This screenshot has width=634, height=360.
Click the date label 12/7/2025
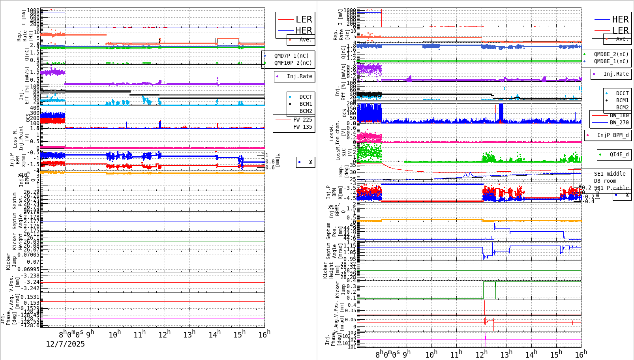pos(65,344)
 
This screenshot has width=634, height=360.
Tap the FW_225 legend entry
pos(302,120)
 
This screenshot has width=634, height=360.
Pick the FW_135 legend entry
pos(302,127)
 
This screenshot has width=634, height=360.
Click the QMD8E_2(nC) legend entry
pos(611,54)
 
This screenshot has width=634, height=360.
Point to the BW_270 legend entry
pos(619,123)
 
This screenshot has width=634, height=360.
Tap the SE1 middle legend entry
pos(610,174)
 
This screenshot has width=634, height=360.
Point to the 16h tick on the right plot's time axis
pos(580,354)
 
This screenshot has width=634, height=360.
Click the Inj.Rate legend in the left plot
pos(299,77)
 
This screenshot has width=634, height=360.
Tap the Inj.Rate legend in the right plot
pos(616,74)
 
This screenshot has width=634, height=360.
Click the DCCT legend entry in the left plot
pos(306,97)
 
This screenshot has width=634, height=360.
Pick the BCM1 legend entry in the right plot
pos(622,101)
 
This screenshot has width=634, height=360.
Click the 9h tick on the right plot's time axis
pos(407,354)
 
